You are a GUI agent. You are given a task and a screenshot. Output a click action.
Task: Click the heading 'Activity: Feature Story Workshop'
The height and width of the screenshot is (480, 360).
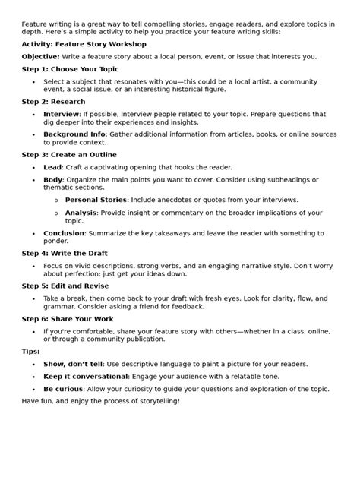pyautogui.click(x=84, y=45)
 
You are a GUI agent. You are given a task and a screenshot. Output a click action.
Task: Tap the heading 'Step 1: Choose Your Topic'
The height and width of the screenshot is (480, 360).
pyautogui.click(x=71, y=68)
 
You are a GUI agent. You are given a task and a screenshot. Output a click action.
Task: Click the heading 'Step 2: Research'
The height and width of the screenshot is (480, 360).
pyautogui.click(x=53, y=102)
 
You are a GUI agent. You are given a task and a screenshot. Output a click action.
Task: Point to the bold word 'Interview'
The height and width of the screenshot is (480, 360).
pyautogui.click(x=61, y=113)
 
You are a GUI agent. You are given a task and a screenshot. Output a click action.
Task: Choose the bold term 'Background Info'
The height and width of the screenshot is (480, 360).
pyautogui.click(x=74, y=134)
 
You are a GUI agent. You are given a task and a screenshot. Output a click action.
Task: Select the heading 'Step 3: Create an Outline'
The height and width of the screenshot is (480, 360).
pyautogui.click(x=71, y=155)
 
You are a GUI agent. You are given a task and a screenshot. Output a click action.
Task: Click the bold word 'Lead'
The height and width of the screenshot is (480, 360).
pyautogui.click(x=52, y=167)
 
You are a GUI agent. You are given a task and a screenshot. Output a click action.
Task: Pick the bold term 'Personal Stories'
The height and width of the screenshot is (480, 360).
pyautogui.click(x=96, y=201)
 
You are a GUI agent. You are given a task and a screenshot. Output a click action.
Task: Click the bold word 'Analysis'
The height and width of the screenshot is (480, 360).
pyautogui.click(x=81, y=213)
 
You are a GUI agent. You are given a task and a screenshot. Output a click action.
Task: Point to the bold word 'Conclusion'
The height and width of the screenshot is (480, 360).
pyautogui.click(x=64, y=233)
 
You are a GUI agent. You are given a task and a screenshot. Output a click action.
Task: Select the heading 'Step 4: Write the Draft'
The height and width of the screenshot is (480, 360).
pyautogui.click(x=65, y=253)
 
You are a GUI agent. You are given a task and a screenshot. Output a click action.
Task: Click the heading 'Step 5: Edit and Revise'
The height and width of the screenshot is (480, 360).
pyautogui.click(x=65, y=286)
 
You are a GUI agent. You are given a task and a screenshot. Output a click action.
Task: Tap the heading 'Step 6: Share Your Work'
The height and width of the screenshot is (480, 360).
pyautogui.click(x=68, y=319)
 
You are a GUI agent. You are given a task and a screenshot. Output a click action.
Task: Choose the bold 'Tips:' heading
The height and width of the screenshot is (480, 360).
pyautogui.click(x=32, y=352)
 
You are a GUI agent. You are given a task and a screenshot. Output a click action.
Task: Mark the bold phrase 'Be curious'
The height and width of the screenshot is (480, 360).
pyautogui.click(x=63, y=388)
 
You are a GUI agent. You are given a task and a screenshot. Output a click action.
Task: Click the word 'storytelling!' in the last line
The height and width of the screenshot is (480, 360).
pyautogui.click(x=157, y=400)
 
